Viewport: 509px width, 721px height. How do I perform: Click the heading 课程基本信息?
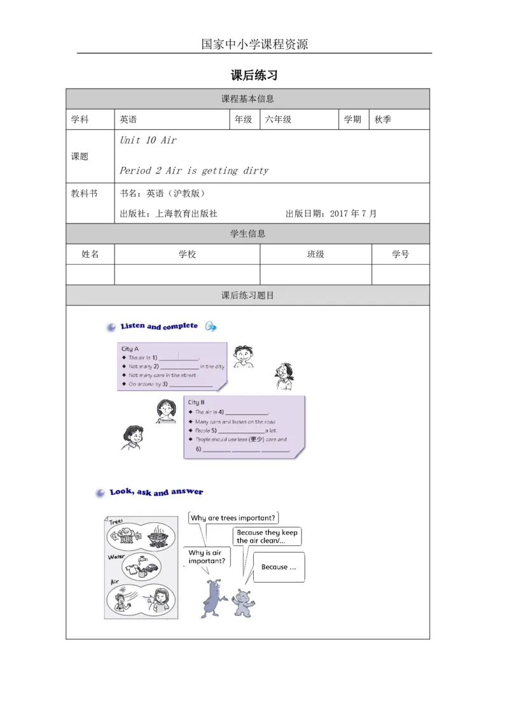pos(248,99)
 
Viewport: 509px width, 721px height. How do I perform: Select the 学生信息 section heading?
pos(248,234)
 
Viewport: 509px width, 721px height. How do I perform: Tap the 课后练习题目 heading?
pos(248,296)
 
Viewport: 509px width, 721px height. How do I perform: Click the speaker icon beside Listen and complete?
pos(211,327)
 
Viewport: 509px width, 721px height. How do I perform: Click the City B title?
pos(196,403)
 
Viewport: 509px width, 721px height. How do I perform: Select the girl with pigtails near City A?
pos(283,375)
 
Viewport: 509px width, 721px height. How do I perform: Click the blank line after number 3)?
pos(191,385)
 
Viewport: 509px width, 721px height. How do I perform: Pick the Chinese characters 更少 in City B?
pos(256,439)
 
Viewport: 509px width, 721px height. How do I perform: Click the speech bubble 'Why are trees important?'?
pos(234,518)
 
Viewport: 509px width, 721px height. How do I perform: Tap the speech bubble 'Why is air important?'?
pos(206,557)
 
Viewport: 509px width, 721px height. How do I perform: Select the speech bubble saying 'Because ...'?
pos(278,567)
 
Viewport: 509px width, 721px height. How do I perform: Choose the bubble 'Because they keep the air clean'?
pos(267,536)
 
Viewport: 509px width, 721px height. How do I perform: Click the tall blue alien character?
pos(213,598)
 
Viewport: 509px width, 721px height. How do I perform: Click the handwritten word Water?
pos(116,556)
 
